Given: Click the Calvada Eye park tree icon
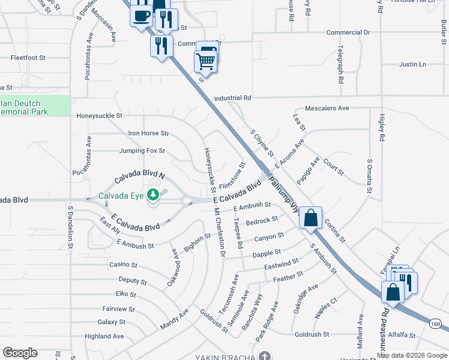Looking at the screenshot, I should tap(154, 194).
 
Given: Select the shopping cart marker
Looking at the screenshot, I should tap(205, 61).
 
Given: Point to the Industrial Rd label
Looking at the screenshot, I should tap(232, 98).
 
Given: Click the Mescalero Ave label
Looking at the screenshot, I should tap(327, 109).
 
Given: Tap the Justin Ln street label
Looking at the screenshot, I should tap(412, 64).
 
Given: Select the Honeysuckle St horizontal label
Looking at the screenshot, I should tap(99, 115).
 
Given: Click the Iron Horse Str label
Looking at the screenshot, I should tap(149, 133).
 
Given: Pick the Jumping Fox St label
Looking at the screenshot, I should tap(142, 151).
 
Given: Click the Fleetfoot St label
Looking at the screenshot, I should tap(28, 58).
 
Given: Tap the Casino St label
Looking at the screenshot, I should tap(123, 265).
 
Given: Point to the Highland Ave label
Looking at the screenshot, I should tap(104, 337).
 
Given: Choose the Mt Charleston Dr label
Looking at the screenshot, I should tap(219, 232).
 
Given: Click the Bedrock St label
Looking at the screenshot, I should tap(262, 221).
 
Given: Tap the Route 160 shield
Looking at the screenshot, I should tap(435, 324).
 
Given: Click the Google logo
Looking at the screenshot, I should tap(20, 353).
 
